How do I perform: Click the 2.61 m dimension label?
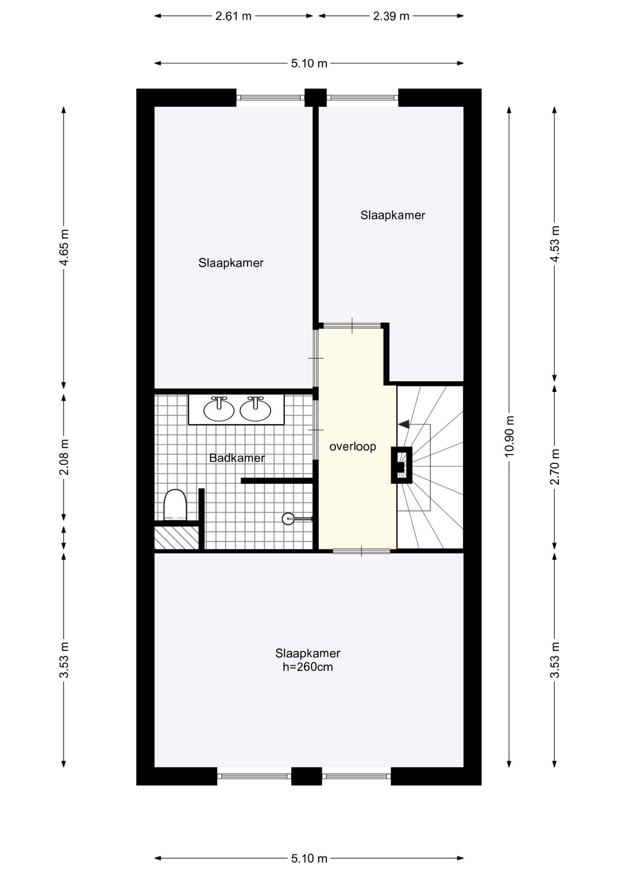[x=233, y=16]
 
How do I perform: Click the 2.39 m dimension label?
[x=391, y=16]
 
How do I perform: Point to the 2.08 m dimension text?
[x=64, y=457]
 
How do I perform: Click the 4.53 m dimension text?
[x=555, y=244]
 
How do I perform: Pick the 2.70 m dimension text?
[x=555, y=467]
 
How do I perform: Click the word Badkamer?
[x=237, y=458]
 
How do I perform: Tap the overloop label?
[x=353, y=447]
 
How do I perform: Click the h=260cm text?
[x=308, y=667]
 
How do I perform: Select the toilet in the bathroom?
[x=175, y=504]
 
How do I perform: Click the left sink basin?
[x=219, y=410]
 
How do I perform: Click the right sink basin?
[x=255, y=410]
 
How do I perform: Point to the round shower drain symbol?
[x=288, y=518]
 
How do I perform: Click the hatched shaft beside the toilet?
[x=176, y=538]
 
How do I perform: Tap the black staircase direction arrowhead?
[x=403, y=424]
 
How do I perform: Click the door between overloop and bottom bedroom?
[x=361, y=551]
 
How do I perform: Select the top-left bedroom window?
[x=270, y=97]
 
